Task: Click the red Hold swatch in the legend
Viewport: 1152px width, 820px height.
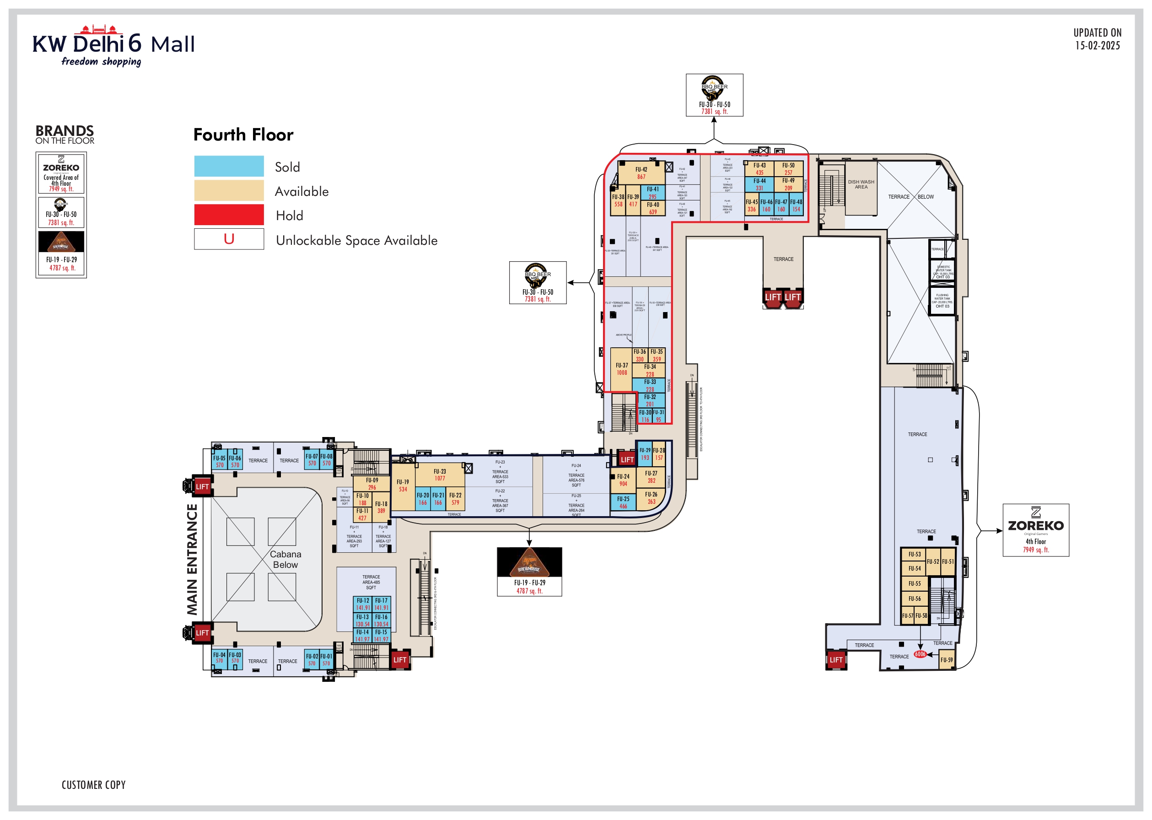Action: tap(229, 215)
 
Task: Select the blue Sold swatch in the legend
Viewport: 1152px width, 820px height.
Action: tap(229, 166)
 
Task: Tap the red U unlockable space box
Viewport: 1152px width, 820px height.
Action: tap(229, 239)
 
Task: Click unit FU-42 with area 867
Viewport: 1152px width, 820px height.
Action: tap(641, 173)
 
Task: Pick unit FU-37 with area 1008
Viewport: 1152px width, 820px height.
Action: tap(621, 369)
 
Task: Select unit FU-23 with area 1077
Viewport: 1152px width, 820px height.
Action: tap(439, 475)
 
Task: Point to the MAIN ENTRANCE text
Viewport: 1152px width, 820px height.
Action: tap(192, 560)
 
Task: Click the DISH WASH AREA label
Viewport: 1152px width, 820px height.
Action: tap(861, 185)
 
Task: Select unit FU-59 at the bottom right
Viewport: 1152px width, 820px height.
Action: tap(946, 660)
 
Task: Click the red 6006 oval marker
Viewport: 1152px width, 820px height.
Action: tap(920, 654)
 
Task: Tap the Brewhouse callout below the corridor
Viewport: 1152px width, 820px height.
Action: tap(529, 572)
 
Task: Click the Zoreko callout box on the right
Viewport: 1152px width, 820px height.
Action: tap(1035, 530)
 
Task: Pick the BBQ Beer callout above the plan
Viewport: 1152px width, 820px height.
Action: tap(714, 95)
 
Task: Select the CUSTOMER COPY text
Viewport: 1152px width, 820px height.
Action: tap(93, 785)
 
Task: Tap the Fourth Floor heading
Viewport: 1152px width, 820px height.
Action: tap(243, 135)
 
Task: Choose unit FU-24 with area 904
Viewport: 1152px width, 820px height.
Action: tap(623, 480)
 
